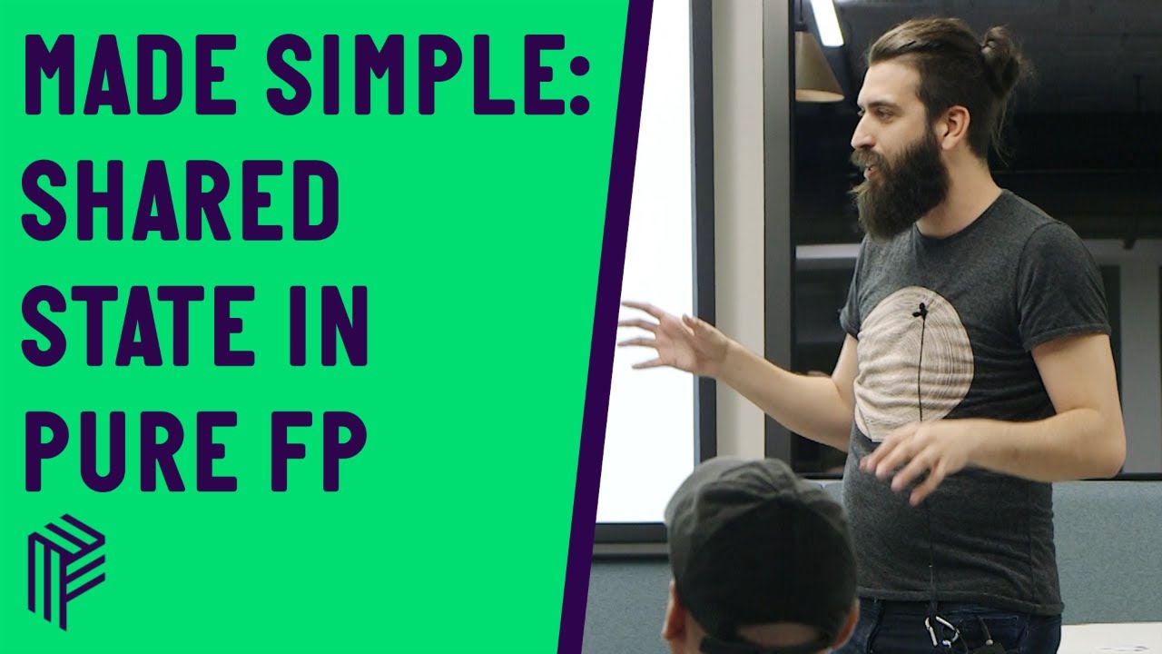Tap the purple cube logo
[65, 570]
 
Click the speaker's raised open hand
[667, 334]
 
